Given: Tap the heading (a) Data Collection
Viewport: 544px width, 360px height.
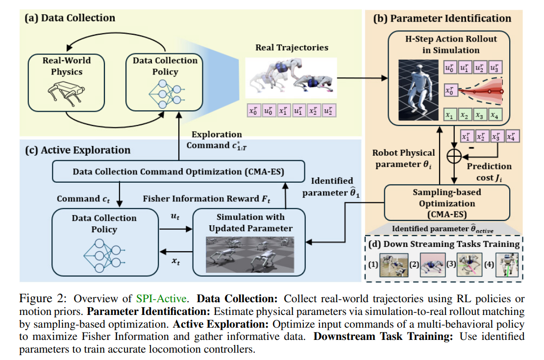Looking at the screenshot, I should click(70, 18).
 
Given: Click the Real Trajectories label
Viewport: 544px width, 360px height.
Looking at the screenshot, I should click(292, 48).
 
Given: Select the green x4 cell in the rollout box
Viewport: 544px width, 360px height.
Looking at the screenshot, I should click(496, 116).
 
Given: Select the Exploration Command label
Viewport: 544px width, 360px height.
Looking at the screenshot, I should click(216, 139).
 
